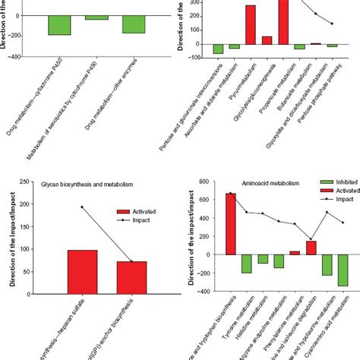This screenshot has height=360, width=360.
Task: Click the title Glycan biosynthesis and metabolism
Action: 81,182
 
